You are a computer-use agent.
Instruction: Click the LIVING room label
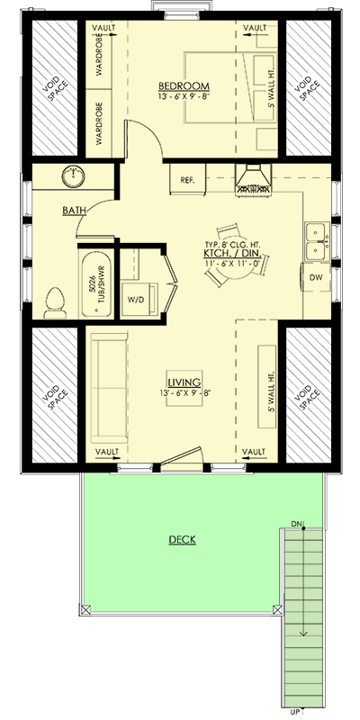coord(184,381)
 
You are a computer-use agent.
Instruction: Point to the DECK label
coord(183,540)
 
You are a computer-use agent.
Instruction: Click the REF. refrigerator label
coord(187,180)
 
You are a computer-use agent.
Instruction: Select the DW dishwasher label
coord(316,277)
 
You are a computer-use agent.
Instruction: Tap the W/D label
coord(137,298)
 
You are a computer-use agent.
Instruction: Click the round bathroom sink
coord(70,176)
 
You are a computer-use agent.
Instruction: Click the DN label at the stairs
coord(298,523)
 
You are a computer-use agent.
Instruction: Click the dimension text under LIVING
coord(184,392)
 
